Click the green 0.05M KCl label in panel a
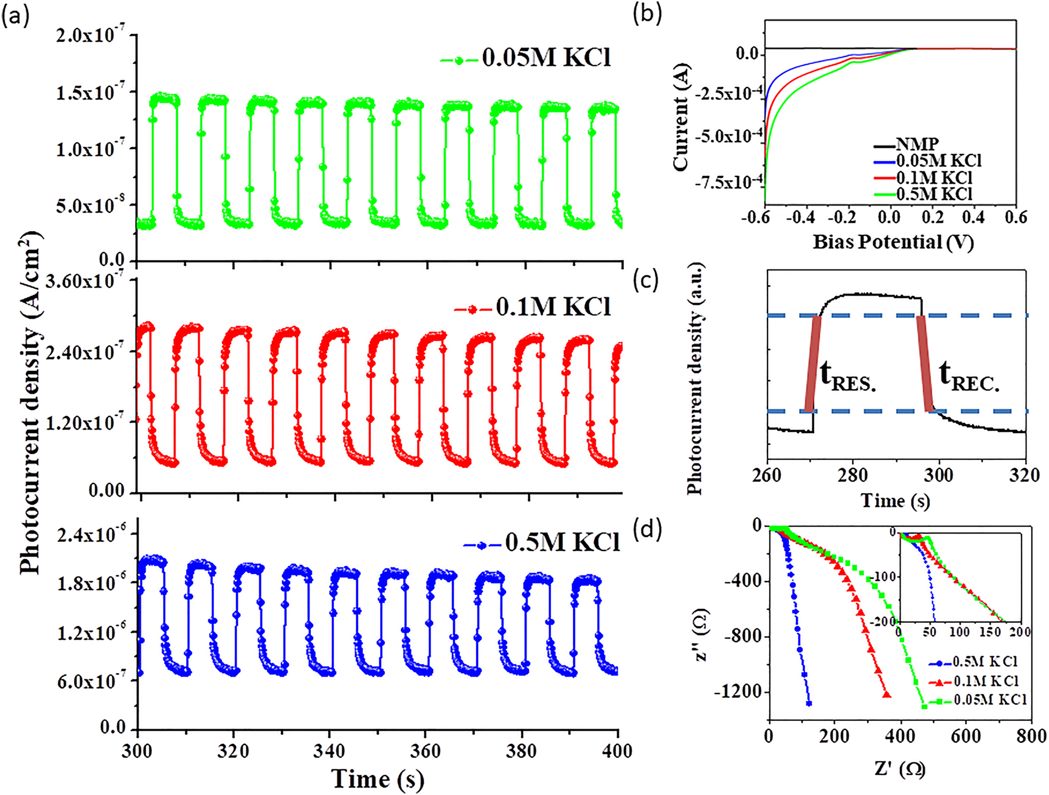545,58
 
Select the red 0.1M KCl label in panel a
552,307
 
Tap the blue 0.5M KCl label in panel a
561,542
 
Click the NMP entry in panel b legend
917,145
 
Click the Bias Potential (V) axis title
893,242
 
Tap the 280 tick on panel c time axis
853,475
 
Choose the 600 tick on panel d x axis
966,737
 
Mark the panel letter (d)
647,530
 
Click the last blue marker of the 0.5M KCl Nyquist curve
809,704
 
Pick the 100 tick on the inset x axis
960,633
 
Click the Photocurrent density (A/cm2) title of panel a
30,401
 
